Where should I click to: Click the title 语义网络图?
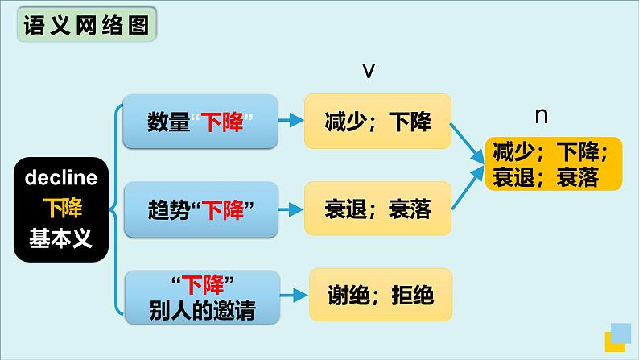[86, 25]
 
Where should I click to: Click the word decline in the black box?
[61, 178]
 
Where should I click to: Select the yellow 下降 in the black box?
[62, 208]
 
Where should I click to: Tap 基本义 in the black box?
[61, 238]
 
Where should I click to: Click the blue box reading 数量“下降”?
[200, 121]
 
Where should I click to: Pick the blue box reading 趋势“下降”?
[201, 209]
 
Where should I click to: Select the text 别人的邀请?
[202, 311]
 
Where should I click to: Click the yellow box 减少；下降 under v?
[377, 121]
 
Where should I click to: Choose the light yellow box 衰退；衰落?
[377, 209]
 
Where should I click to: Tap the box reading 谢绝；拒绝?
[381, 294]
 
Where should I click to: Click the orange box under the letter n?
[554, 164]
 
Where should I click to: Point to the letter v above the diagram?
[369, 71]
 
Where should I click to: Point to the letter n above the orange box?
[541, 116]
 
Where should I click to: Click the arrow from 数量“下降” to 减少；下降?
[291, 120]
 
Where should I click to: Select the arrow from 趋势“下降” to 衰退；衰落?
[291, 209]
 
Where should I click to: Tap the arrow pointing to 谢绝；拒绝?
[294, 296]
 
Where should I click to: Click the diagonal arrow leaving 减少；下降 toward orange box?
[467, 143]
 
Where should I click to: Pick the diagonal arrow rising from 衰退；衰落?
[468, 188]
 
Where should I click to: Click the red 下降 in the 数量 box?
[222, 122]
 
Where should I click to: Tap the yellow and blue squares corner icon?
[618, 337]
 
